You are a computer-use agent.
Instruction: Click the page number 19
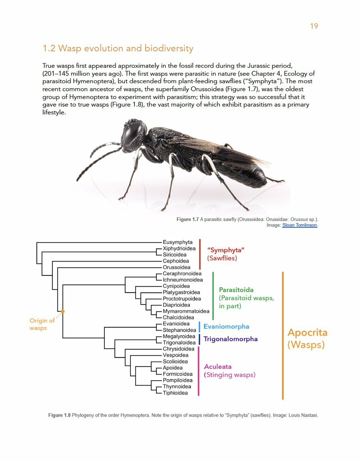pos(314,26)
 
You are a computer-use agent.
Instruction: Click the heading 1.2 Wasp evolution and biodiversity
pos(118,49)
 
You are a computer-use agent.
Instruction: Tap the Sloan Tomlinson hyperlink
pos(300,225)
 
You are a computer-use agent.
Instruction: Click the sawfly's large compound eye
pos(132,133)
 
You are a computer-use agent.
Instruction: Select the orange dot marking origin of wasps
pos(63,311)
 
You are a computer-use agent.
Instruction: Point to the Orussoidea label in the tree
pos(176,267)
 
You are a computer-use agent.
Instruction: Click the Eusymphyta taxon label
pos(177,242)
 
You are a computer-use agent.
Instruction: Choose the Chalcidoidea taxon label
pos(178,318)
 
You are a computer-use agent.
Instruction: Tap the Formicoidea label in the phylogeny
pos(177,374)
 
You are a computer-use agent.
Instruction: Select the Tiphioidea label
pos(175,393)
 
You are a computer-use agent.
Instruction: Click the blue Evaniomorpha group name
pos(226,326)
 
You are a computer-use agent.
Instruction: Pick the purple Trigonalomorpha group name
pos(230,339)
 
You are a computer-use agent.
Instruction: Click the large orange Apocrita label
pos(307,333)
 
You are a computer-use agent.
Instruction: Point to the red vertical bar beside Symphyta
pos(200,254)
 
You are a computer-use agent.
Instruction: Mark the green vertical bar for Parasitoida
pos(213,296)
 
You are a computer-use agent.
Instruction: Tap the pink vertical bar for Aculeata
pos(199,371)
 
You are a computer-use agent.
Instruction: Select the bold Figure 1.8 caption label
pos(59,415)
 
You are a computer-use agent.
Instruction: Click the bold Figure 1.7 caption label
pos(188,219)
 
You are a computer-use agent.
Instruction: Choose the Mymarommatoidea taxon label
pos(186,311)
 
